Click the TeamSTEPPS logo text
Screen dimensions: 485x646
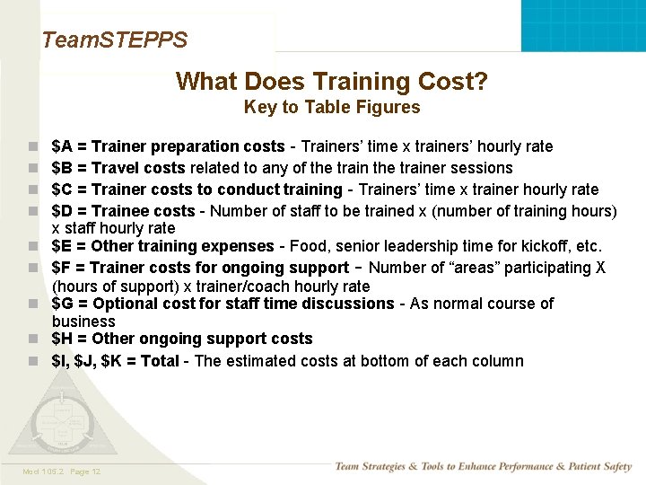tap(114, 40)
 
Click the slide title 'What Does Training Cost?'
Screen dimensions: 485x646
tap(332, 82)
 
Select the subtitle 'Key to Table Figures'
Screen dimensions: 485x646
tap(332, 108)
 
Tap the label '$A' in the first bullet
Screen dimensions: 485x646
tap(63, 146)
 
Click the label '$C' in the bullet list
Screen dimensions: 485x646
tap(63, 190)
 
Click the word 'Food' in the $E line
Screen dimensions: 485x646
tap(308, 246)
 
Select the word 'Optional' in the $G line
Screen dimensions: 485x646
tap(123, 304)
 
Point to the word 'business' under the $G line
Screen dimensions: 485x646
tap(83, 322)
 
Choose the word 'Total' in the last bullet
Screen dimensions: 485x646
tap(162, 361)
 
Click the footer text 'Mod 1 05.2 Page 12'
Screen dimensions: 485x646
tap(62, 472)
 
